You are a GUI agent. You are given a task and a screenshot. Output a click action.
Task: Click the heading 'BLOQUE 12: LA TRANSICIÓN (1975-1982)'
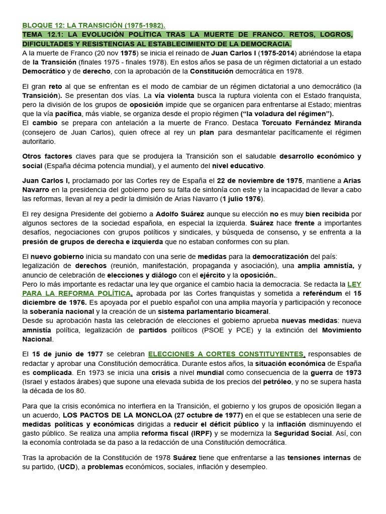(93, 25)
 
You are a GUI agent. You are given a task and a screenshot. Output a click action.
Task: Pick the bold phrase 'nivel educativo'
(237, 166)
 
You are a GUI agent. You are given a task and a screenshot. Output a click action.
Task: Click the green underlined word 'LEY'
(354, 284)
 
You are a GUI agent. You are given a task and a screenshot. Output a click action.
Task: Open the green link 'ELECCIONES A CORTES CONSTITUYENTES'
(226, 354)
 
